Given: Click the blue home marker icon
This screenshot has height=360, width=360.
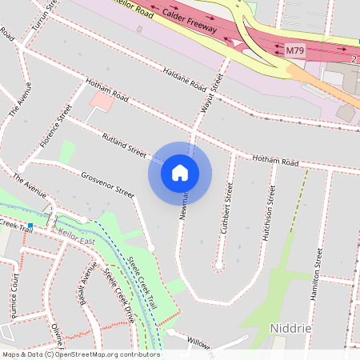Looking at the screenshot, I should pyautogui.click(x=180, y=172).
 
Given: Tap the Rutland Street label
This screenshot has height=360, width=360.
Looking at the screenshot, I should pyautogui.click(x=124, y=144).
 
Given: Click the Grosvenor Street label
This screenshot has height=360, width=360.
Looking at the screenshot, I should pyautogui.click(x=109, y=184).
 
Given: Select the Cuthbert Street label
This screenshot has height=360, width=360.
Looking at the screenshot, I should pyautogui.click(x=227, y=210).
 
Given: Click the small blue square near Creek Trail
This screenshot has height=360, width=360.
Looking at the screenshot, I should pyautogui.click(x=30, y=226).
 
